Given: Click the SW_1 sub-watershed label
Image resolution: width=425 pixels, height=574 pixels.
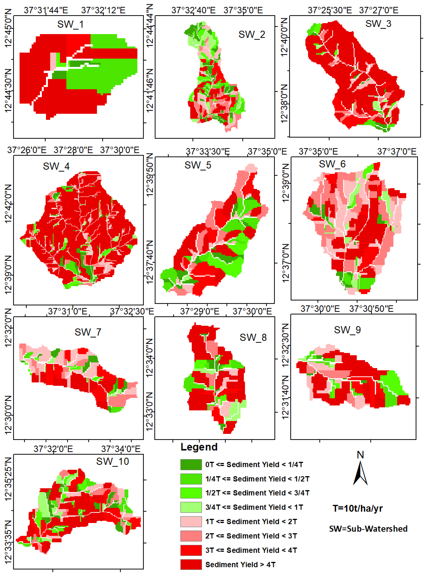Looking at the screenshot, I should pyautogui.click(x=70, y=24).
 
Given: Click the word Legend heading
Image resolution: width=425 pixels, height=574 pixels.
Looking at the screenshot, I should pyautogui.click(x=199, y=447).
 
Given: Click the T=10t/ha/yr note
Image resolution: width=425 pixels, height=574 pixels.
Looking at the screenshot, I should pyautogui.click(x=358, y=508).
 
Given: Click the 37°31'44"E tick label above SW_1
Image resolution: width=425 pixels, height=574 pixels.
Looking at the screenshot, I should pyautogui.click(x=46, y=10).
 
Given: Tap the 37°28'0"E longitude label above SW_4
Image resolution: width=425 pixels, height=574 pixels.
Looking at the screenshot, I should pyautogui.click(x=73, y=150).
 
